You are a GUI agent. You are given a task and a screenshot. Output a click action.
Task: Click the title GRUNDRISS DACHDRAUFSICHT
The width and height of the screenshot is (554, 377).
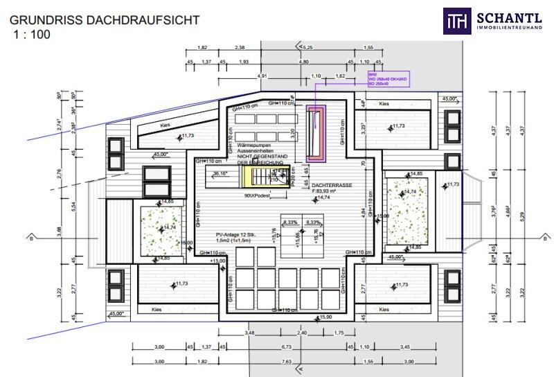(x=104, y=19)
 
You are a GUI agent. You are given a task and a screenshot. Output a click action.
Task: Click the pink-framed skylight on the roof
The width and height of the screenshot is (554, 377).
(x=318, y=133)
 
